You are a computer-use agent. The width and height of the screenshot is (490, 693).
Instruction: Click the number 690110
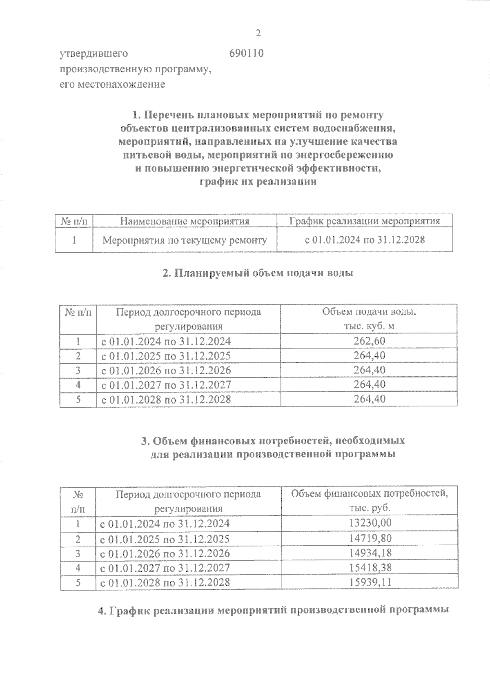pos(246,53)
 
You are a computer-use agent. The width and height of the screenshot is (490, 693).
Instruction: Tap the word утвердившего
pos(94,53)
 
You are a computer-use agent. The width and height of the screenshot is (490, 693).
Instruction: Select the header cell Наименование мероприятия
pos(185,221)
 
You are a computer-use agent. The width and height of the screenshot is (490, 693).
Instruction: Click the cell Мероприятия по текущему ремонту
pos(185,240)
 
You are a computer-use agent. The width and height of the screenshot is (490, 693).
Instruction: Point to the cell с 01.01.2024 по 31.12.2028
pos(365,240)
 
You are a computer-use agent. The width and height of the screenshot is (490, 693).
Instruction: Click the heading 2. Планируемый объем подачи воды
pos(258,273)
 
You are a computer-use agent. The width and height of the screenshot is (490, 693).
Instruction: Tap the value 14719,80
pos(370,538)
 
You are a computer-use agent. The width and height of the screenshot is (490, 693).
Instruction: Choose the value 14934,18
pos(370,553)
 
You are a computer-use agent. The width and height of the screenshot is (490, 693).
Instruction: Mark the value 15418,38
pos(370,567)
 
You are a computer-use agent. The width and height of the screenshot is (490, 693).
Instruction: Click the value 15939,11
pos(370,582)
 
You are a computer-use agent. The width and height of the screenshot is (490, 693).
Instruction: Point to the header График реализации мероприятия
pos(365,221)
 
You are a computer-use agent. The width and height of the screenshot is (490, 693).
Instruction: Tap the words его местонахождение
pos(113,84)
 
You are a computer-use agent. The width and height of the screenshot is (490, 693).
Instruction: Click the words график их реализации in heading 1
pos(258,182)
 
